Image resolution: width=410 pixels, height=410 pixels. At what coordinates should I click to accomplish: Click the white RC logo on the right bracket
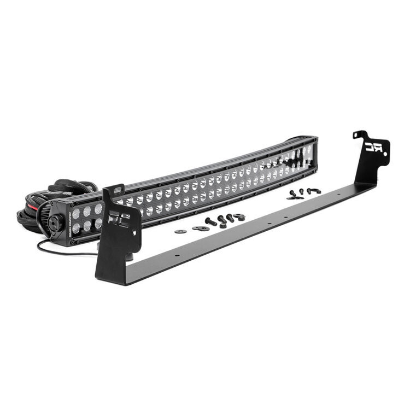[x=375, y=147]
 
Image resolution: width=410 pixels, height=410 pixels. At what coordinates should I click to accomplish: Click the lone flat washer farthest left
[x=180, y=231]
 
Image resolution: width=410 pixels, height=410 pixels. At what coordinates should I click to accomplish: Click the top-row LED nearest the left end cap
[x=77, y=213]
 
